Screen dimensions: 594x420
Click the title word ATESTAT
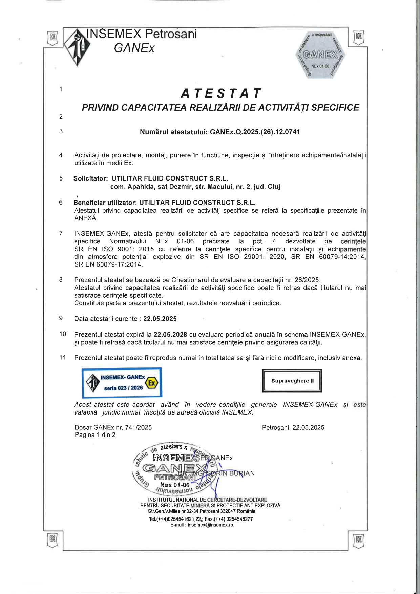click(x=221, y=93)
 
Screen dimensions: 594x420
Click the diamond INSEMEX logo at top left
click(x=78, y=47)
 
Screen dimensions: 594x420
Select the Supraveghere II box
click(x=292, y=381)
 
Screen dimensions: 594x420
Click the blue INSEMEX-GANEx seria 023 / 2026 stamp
click(x=122, y=382)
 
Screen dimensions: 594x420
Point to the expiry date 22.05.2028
click(x=170, y=335)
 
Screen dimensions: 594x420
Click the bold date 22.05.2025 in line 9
click(x=160, y=319)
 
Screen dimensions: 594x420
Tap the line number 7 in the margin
click(x=61, y=233)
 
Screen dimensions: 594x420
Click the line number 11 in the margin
click(x=63, y=357)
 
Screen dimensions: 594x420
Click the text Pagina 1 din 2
click(x=95, y=435)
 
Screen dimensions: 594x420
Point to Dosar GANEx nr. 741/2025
click(x=113, y=427)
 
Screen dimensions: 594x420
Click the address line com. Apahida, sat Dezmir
click(x=195, y=187)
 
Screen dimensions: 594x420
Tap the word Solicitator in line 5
click(x=90, y=178)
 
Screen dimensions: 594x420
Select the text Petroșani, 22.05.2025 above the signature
click(x=293, y=427)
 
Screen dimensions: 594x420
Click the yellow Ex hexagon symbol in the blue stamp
click(x=152, y=383)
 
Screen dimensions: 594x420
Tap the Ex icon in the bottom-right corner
click(x=359, y=539)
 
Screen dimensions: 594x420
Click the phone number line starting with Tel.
click(x=201, y=519)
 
